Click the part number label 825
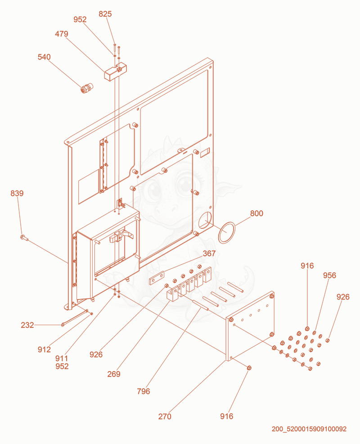[105, 14]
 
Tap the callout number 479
[61, 34]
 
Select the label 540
[44, 57]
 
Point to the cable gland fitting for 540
[87, 88]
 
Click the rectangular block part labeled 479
[115, 72]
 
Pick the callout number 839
[17, 193]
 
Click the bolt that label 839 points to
[24, 238]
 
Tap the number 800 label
[256, 213]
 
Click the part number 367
[209, 254]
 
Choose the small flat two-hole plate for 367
[157, 278]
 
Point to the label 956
[329, 276]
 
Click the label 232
[27, 325]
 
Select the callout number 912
[44, 350]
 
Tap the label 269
[114, 374]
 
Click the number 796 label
[143, 392]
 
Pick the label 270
[165, 417]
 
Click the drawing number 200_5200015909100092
[309, 429]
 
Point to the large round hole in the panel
[205, 220]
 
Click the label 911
[62, 358]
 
